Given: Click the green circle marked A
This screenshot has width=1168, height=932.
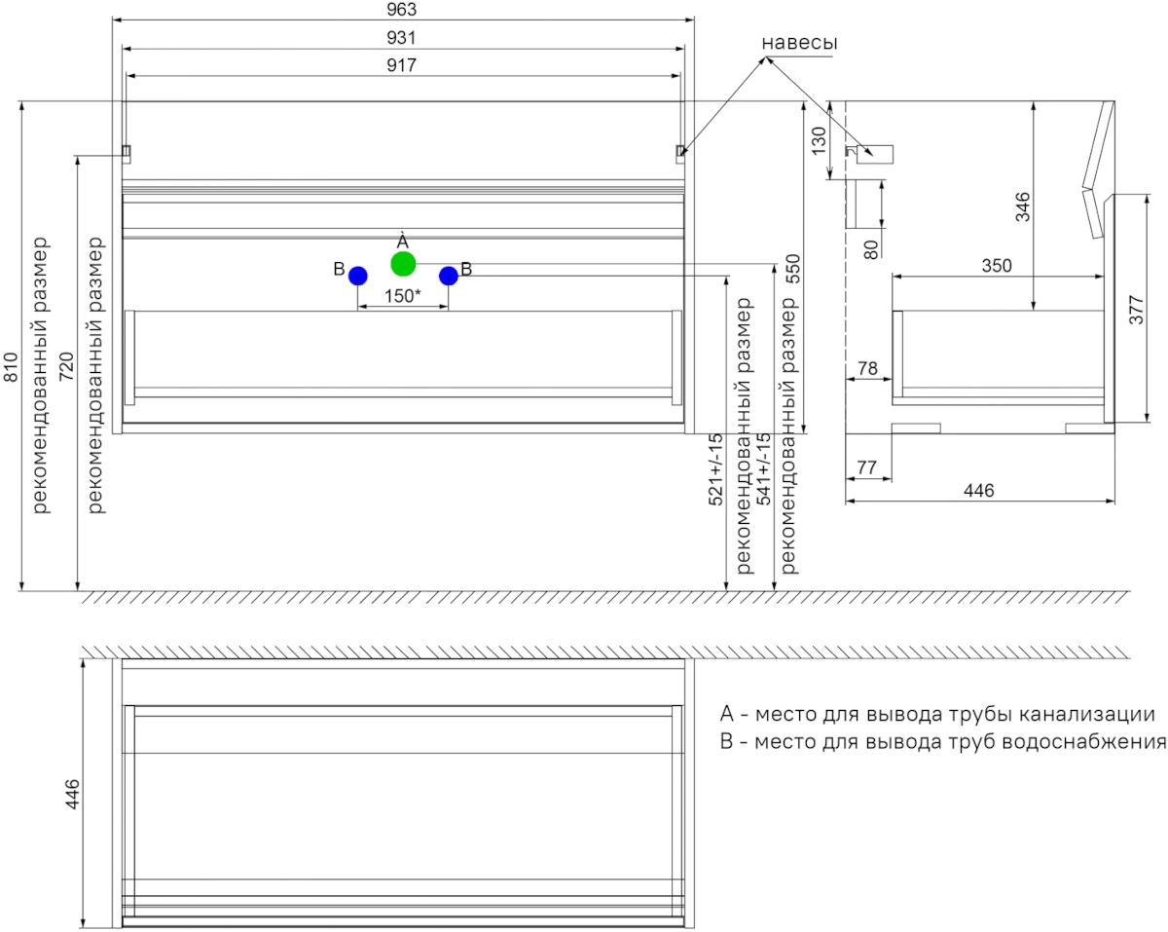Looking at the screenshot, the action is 403,264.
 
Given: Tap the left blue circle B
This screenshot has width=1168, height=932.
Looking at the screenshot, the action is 357,276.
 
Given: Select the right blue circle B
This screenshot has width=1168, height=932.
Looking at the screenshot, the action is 449,276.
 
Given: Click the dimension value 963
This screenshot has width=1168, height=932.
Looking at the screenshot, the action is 402,9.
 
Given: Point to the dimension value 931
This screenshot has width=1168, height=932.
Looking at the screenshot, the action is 402,37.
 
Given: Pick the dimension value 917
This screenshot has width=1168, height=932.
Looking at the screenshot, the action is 402,65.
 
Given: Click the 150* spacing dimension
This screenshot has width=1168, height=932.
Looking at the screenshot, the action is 402,296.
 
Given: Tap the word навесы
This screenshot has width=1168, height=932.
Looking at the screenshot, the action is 799,43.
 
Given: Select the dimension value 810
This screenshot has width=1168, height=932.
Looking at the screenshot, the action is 11,367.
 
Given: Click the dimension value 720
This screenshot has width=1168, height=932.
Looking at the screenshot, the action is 66,367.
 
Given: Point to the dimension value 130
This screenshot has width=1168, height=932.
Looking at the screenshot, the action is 819,140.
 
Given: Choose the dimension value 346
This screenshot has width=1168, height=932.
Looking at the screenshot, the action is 1023,206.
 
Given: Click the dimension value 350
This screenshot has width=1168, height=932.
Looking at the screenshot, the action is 997,266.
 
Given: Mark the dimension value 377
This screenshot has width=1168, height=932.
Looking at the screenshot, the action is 1137,310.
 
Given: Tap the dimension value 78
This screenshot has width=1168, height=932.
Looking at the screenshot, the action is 867,368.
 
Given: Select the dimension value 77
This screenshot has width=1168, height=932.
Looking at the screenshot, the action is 867,467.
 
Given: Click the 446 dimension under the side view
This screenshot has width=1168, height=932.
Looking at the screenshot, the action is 979,491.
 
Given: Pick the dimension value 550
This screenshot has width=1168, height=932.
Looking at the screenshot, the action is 793,269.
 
